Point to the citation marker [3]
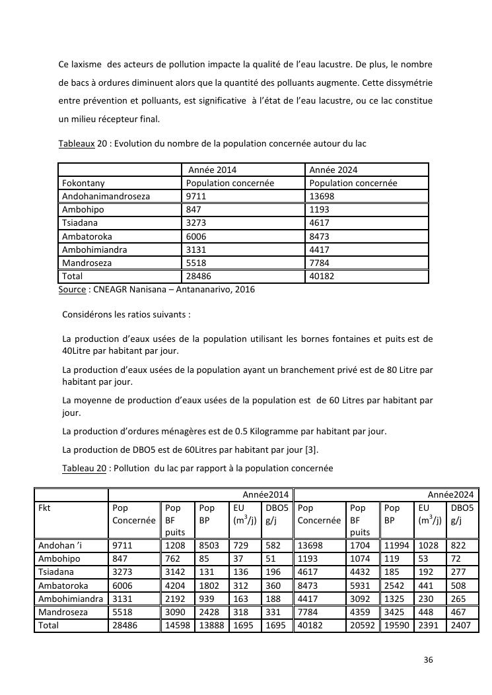click(x=314, y=449)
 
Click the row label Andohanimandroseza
click(x=106, y=196)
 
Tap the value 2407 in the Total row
click(x=460, y=625)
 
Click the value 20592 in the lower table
click(x=362, y=625)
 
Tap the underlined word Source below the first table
click(x=73, y=289)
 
